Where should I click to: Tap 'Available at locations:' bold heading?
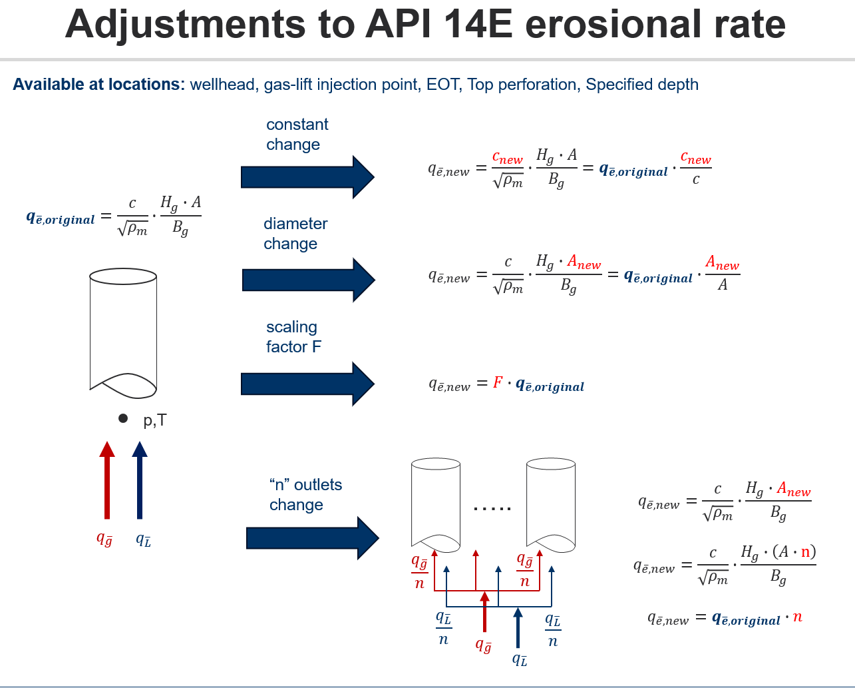tap(98, 85)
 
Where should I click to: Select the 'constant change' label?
tap(297, 135)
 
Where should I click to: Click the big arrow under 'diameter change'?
tap(308, 280)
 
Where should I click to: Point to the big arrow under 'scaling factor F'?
tap(307, 384)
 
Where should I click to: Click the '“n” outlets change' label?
tap(305, 494)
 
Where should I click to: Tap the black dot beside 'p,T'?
tap(123, 418)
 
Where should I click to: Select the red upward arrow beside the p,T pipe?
tap(106, 480)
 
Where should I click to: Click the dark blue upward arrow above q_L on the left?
tap(140, 480)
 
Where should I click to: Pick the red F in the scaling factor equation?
tap(498, 383)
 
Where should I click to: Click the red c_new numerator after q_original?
tap(695, 159)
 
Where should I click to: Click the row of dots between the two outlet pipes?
tap(492, 509)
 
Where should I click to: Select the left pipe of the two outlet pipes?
tap(436, 503)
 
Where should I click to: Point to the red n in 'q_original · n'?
tap(797, 617)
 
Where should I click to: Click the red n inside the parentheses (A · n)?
tap(805, 551)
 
